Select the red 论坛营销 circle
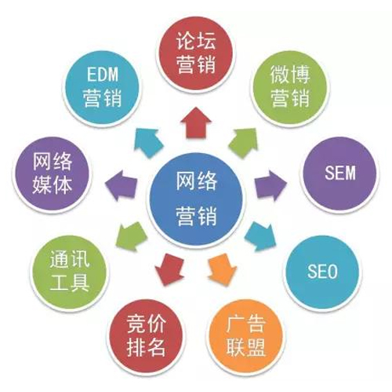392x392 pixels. [196, 53]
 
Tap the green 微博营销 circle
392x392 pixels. [290, 89]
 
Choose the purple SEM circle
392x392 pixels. [339, 173]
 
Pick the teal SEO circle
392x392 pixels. [322, 272]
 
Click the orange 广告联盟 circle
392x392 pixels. [245, 337]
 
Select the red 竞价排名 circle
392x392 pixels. [146, 337]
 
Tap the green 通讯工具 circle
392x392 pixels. [70, 272]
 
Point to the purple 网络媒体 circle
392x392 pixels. [52, 173]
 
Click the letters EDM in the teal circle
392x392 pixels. [103, 74]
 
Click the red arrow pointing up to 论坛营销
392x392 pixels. [196, 123]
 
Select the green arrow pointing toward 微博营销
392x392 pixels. [244, 143]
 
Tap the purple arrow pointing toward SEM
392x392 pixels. [270, 186]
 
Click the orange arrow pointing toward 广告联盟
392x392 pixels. [223, 270]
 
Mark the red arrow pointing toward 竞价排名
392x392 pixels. [169, 270]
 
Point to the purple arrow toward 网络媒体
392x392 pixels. [122, 186]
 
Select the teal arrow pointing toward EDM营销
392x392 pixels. [149, 143]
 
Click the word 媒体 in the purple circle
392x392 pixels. [52, 185]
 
